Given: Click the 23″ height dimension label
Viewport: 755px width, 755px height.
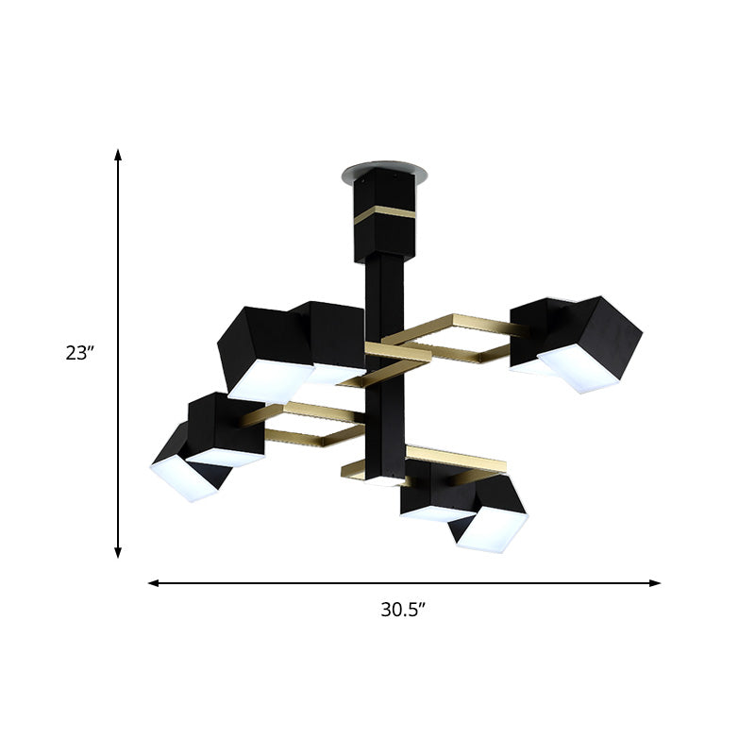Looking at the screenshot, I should coord(82,354).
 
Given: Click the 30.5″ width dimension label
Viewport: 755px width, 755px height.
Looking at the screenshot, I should coord(405,610).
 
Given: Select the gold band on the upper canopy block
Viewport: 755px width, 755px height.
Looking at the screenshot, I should coord(387,212).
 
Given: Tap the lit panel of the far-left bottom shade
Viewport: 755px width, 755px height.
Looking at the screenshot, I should coord(179,478).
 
